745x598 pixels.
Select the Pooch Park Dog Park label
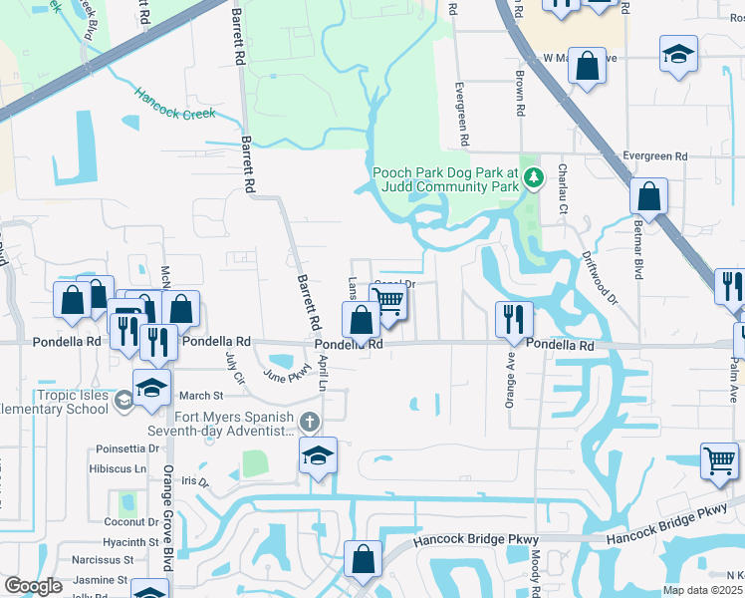point(446,178)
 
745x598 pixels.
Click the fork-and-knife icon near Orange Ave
point(514,319)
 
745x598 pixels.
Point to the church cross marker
point(310,423)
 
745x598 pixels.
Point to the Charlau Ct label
point(563,189)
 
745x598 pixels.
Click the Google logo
point(34,586)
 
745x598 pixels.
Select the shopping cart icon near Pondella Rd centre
point(389,300)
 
